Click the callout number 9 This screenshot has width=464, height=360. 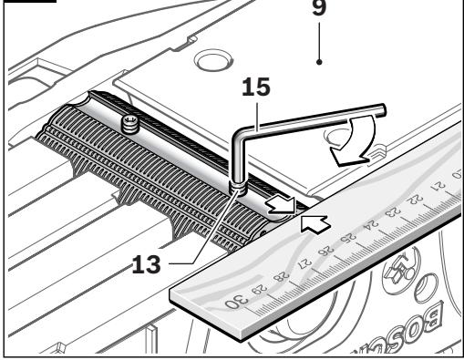point(321,12)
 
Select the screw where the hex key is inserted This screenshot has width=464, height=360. point(235,186)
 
